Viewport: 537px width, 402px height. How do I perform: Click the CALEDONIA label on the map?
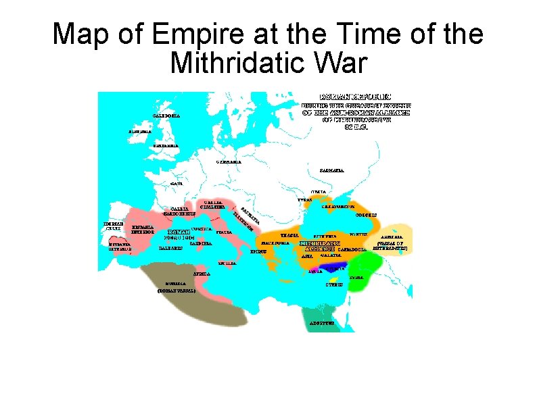point(166,116)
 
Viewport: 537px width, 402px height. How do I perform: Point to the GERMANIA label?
point(229,162)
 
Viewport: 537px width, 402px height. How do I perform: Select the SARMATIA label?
point(331,170)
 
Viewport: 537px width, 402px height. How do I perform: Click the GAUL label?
point(177,183)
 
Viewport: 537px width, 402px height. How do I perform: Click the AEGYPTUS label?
point(322,324)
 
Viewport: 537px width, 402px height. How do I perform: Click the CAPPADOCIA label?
point(351,249)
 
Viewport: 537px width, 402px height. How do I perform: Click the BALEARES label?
point(170,249)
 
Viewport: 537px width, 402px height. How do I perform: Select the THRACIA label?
point(289,234)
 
